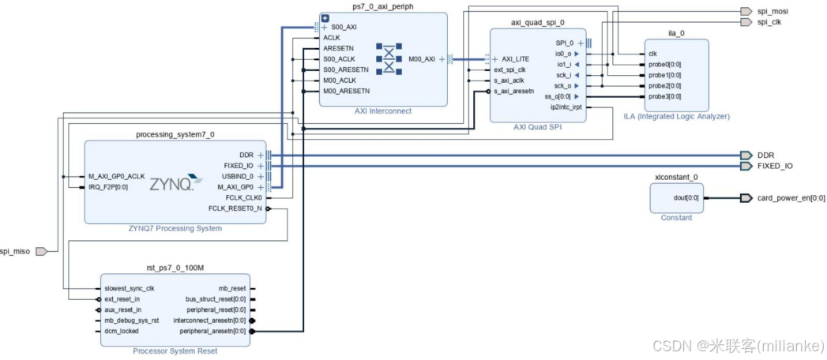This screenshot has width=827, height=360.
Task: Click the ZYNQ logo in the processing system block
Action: click(171, 185)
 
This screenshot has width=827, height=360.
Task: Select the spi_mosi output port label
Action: click(772, 11)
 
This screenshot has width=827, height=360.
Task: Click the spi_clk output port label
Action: click(769, 22)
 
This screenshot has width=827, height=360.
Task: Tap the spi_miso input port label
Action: click(17, 251)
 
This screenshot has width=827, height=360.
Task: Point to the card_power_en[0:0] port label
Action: click(791, 198)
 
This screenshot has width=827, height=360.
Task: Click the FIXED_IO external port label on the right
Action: click(774, 166)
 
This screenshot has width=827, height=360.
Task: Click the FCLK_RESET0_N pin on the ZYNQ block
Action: click(235, 208)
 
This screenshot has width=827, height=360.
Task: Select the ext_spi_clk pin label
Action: click(509, 69)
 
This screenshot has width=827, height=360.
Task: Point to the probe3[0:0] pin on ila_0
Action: click(664, 96)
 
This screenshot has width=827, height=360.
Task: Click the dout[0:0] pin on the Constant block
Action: click(684, 198)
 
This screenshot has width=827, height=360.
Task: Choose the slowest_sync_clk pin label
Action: click(129, 288)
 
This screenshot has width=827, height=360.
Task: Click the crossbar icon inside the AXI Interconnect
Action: click(389, 58)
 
